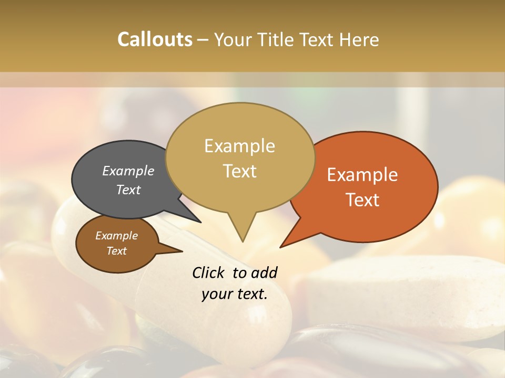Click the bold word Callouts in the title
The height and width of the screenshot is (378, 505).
point(155,39)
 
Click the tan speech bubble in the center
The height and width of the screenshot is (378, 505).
point(240,157)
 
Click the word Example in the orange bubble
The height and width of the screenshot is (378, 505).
point(362,175)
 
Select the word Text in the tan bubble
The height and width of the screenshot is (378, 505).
point(240,171)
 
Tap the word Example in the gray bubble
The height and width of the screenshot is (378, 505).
point(128,171)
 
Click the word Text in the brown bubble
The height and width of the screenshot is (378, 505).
point(117,251)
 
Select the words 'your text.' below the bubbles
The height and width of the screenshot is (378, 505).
point(235,294)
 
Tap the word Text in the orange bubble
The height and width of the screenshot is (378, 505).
point(363,200)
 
